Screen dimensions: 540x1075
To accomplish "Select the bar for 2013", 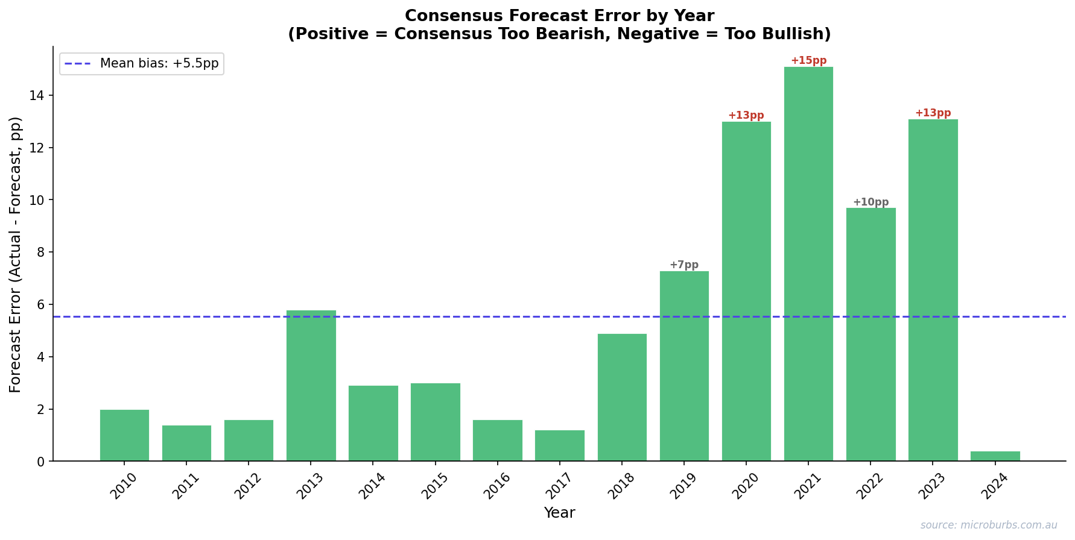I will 311,386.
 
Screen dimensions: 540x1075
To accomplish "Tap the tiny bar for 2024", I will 995,456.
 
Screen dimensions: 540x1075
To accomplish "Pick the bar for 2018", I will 622,398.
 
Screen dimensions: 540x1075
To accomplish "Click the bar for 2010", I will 124,435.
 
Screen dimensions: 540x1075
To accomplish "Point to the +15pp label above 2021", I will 808,61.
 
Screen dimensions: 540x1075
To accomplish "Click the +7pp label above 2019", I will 684,265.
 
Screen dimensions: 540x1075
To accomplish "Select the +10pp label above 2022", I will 870,202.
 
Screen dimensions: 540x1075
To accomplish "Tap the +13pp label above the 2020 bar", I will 746,116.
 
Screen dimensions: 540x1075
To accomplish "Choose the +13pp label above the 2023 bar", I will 933,113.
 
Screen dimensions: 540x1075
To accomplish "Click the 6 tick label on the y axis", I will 41,305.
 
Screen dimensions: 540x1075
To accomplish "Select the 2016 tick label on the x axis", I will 497,486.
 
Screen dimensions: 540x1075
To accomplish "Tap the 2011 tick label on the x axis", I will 186,486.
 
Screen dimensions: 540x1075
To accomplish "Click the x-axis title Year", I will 559,513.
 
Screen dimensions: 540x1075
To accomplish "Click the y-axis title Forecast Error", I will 16,254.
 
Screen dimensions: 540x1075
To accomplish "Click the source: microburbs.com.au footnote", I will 989,526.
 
